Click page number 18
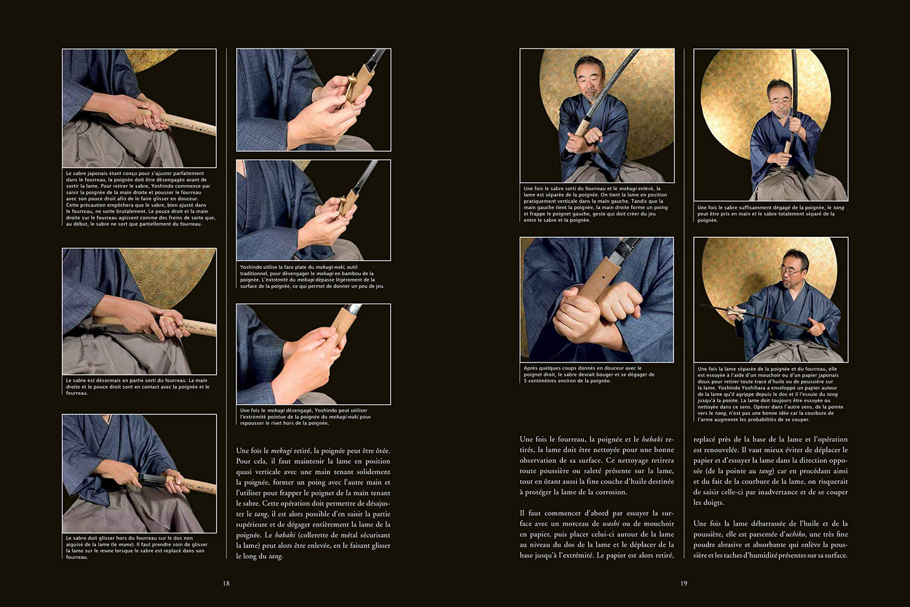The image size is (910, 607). pyautogui.click(x=226, y=584)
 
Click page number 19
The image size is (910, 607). pyautogui.click(x=684, y=584)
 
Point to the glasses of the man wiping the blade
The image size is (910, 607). pyautogui.click(x=791, y=269)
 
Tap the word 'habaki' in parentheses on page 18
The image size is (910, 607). pyautogui.click(x=285, y=535)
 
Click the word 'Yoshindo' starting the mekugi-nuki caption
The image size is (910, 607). pyautogui.click(x=251, y=268)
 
